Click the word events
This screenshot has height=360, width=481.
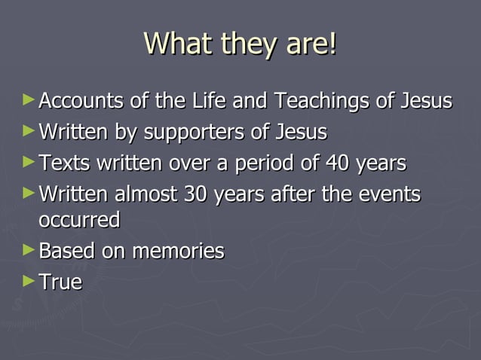tap(387, 195)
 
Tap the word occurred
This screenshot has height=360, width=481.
tap(78, 221)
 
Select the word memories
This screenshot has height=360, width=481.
tap(178, 252)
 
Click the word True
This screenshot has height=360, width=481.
tap(60, 282)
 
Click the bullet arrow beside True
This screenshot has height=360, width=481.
tap(29, 281)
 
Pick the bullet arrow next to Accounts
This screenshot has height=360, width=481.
tap(29, 99)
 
